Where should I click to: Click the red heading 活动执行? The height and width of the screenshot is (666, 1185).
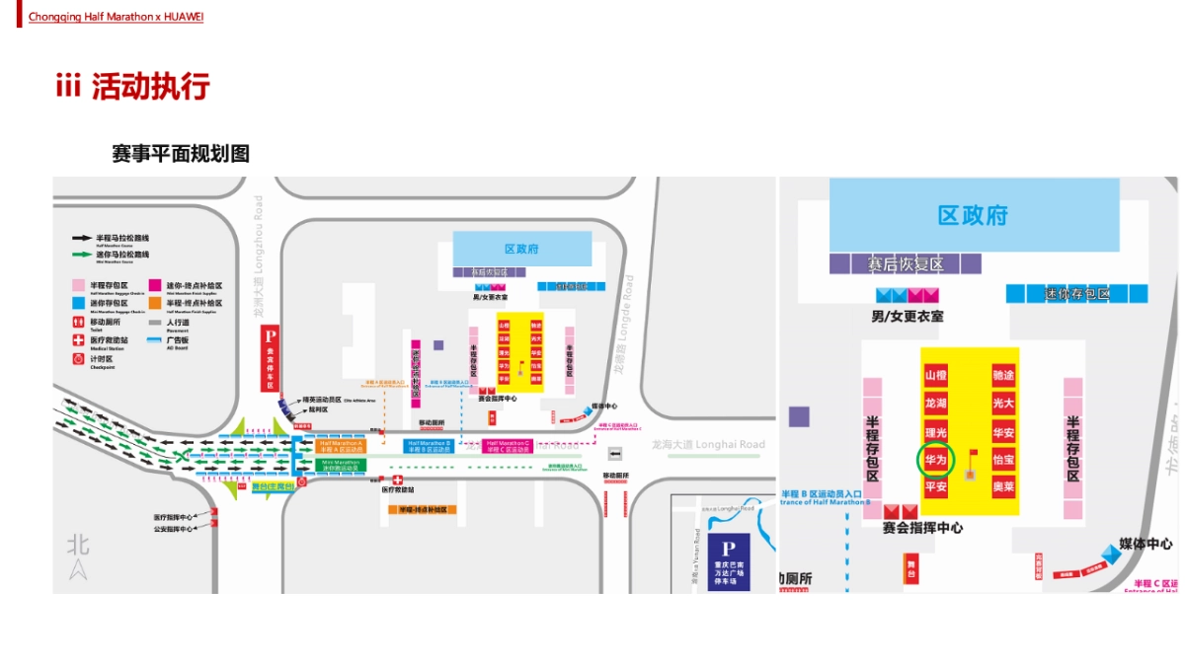tap(150, 87)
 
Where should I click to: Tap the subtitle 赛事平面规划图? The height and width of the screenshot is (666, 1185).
tap(180, 154)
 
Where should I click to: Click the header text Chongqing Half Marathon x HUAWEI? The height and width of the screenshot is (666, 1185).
tap(116, 17)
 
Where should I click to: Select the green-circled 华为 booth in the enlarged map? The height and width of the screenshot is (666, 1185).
tap(935, 459)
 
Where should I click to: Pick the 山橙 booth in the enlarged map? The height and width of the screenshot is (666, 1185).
tap(935, 376)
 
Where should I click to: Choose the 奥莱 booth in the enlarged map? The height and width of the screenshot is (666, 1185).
tap(1003, 486)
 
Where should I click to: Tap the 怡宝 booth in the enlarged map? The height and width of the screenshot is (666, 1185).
tap(1003, 460)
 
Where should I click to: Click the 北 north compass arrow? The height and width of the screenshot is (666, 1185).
tap(78, 567)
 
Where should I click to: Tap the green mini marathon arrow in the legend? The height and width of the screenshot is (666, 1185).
tap(82, 255)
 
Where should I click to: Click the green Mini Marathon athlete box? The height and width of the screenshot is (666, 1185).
tap(341, 463)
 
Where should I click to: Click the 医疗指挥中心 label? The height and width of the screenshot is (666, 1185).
tap(173, 516)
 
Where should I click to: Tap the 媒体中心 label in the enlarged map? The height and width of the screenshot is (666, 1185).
tap(1145, 544)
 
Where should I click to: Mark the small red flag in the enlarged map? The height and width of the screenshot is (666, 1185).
tap(973, 456)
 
